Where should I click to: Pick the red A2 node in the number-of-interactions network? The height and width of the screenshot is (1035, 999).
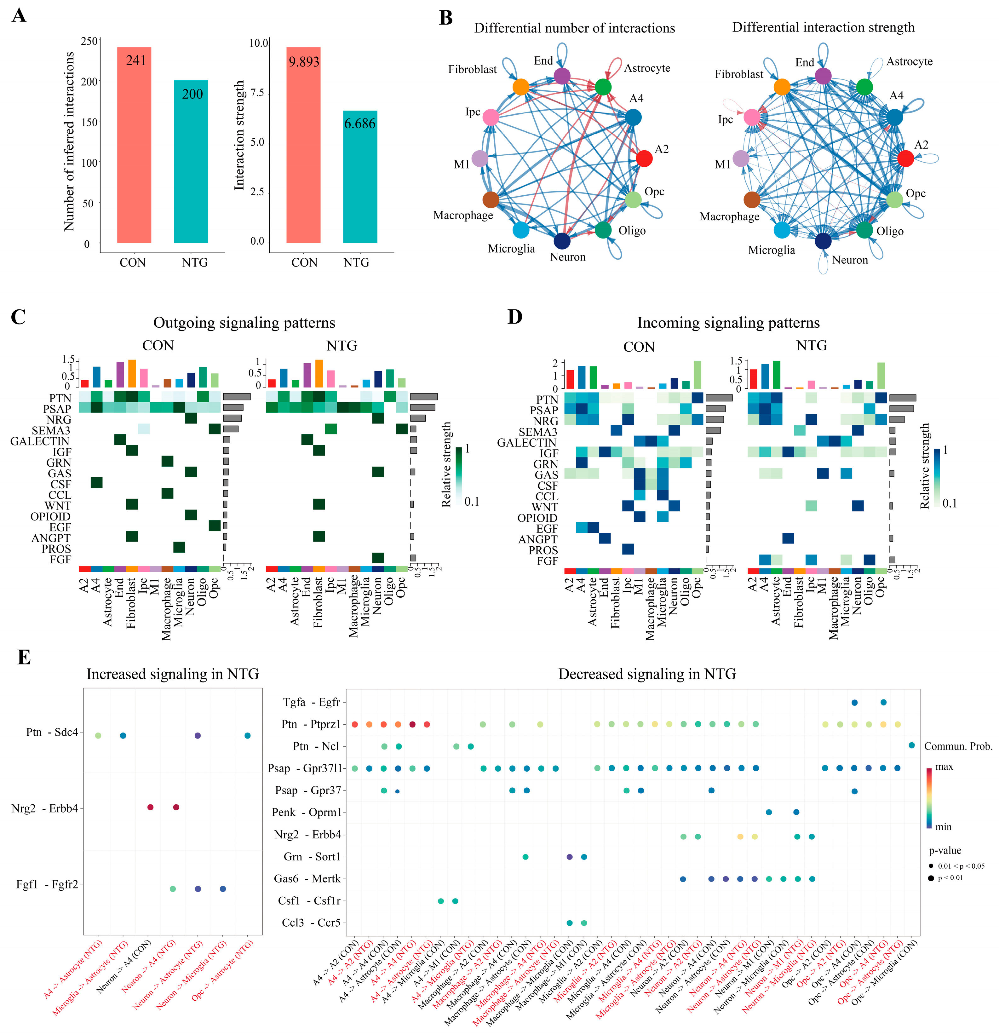644,158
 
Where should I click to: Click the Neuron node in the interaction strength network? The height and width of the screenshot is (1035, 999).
823,241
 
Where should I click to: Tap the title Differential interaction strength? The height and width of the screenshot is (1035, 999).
823,27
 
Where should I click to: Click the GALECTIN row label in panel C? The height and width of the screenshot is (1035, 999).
40,441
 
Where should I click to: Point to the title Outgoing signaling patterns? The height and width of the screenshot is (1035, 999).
244,323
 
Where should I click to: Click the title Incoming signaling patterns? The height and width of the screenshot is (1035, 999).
728,323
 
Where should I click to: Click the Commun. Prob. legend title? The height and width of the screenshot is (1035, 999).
958,746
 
